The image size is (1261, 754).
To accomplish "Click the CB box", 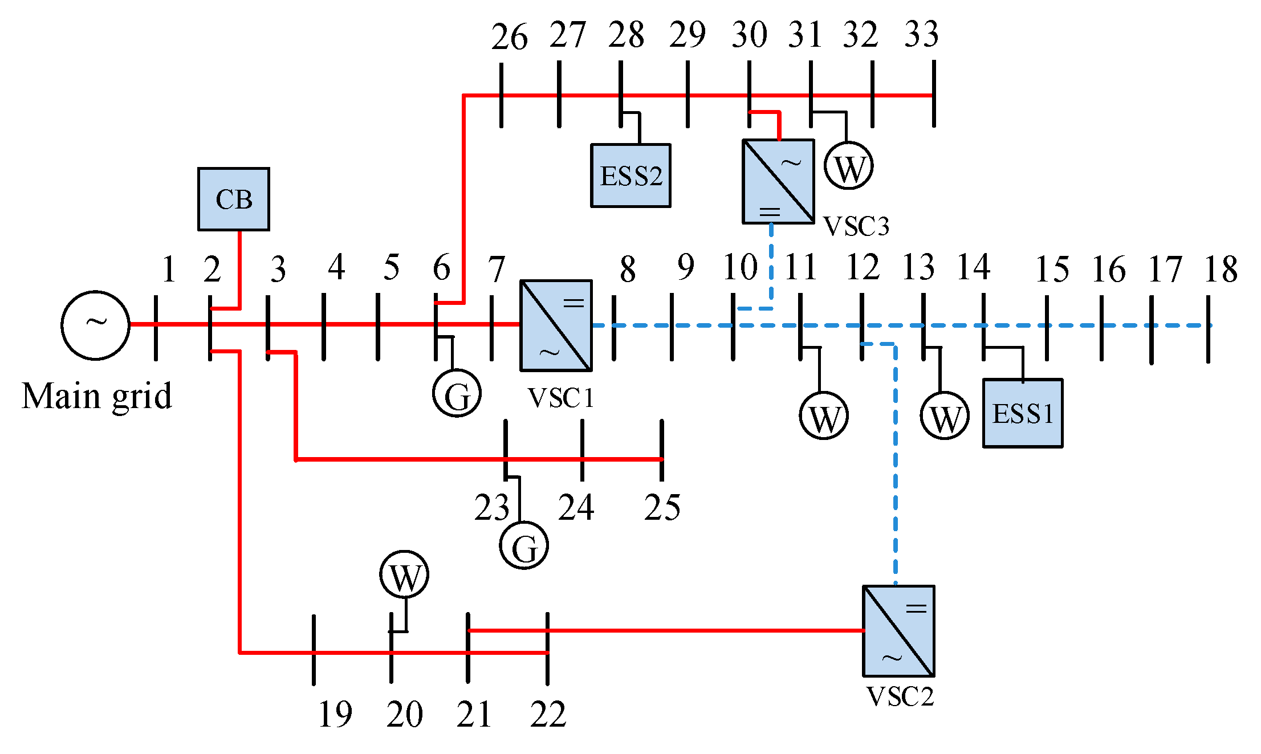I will point(234,199).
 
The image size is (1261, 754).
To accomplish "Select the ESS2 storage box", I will point(630,176).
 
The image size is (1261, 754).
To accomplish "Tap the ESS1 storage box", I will point(1023,413).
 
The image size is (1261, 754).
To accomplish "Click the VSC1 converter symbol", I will point(556,325).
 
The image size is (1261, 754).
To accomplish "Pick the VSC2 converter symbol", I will point(898,631).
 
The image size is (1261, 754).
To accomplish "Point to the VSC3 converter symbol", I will point(778,181).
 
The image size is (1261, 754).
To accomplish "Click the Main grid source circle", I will point(96,325).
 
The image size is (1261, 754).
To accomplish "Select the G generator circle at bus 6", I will point(457,393).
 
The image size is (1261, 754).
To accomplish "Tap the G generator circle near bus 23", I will point(524,545).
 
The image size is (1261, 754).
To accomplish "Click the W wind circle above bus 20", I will point(404,574).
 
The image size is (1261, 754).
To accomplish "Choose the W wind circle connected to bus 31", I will point(848,166).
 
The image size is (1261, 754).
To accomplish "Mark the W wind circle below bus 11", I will point(824,415).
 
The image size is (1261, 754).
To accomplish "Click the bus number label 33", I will point(921,34).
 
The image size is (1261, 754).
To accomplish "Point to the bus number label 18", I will point(1221,270).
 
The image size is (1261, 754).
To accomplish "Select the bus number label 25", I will point(662,507).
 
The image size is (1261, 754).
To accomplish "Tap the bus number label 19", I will point(335,714).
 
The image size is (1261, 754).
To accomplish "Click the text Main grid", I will point(97,396).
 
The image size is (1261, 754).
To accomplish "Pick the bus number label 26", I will point(509,37).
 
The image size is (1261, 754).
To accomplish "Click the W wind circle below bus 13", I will point(945,415).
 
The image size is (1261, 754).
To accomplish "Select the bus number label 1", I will point(168,269).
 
